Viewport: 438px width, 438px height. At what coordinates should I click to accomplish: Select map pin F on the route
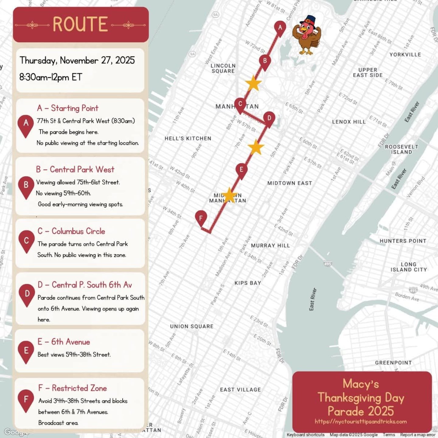coord(201,218)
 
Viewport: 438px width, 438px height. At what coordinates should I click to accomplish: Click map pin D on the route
coord(269,118)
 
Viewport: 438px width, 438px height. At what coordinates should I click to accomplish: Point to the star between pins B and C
coord(253,83)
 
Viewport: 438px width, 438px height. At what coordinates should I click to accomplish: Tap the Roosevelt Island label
coord(401,149)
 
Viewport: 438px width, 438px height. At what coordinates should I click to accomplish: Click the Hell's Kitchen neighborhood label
coord(188,138)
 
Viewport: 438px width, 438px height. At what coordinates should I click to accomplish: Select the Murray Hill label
coord(270,245)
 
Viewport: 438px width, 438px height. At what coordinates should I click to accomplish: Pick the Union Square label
coord(192,326)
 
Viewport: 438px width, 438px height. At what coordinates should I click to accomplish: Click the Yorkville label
coord(405,55)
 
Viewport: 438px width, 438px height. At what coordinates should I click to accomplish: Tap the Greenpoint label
coord(393,363)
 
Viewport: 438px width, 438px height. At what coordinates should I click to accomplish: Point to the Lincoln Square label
coord(223,68)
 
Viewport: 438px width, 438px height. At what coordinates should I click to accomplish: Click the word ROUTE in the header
coord(80,24)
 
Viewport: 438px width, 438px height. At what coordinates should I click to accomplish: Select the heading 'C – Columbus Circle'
coord(71,231)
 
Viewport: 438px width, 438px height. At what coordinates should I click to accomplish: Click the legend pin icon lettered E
coord(26,351)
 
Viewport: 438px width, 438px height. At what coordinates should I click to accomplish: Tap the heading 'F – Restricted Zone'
coord(72,388)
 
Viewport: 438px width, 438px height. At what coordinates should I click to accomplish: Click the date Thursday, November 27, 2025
coord(77,60)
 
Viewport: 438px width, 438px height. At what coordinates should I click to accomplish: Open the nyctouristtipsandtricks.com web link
coord(361,422)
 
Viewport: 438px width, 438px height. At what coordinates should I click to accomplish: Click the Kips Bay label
coord(248,283)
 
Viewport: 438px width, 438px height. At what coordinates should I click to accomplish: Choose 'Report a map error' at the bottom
coord(417,435)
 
